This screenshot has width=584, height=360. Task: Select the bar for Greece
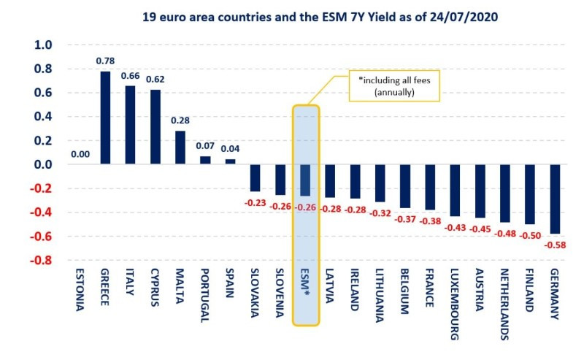pos(106,118)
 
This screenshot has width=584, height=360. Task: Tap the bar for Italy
pos(131,125)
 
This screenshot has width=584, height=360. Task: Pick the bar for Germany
pos(556,199)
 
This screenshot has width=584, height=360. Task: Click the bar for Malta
pos(180,148)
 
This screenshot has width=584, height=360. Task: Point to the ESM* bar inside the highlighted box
pos(306,180)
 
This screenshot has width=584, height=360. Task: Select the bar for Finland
pos(531,194)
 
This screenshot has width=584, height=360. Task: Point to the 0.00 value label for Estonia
pos(80,156)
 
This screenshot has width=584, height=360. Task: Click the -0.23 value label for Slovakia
pos(255,202)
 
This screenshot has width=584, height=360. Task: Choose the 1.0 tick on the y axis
pos(44,45)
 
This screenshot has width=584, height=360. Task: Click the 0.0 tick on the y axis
pos(44,165)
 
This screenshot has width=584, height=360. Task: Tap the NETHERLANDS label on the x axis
pos(504,307)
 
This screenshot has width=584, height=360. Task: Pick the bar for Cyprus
pos(155,127)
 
